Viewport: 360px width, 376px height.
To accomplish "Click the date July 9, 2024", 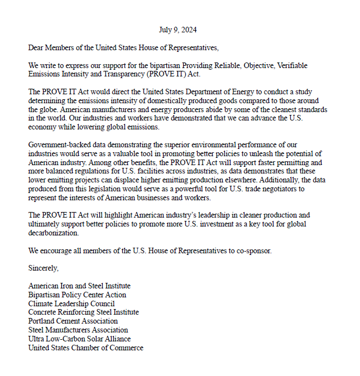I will click(177, 30).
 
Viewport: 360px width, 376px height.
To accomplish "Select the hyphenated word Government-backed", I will click(59, 146).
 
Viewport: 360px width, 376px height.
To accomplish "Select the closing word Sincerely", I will click(44, 268).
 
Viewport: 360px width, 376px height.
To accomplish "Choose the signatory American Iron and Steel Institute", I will click(79, 286).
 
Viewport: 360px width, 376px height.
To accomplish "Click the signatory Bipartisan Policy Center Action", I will click(77, 295).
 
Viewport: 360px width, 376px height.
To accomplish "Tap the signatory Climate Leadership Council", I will click(71, 303).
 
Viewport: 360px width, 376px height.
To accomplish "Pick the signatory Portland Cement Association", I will click(73, 321).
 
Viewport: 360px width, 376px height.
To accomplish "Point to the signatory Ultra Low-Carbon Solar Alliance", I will click(79, 339).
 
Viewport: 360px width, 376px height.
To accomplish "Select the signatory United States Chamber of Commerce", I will click(85, 348).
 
